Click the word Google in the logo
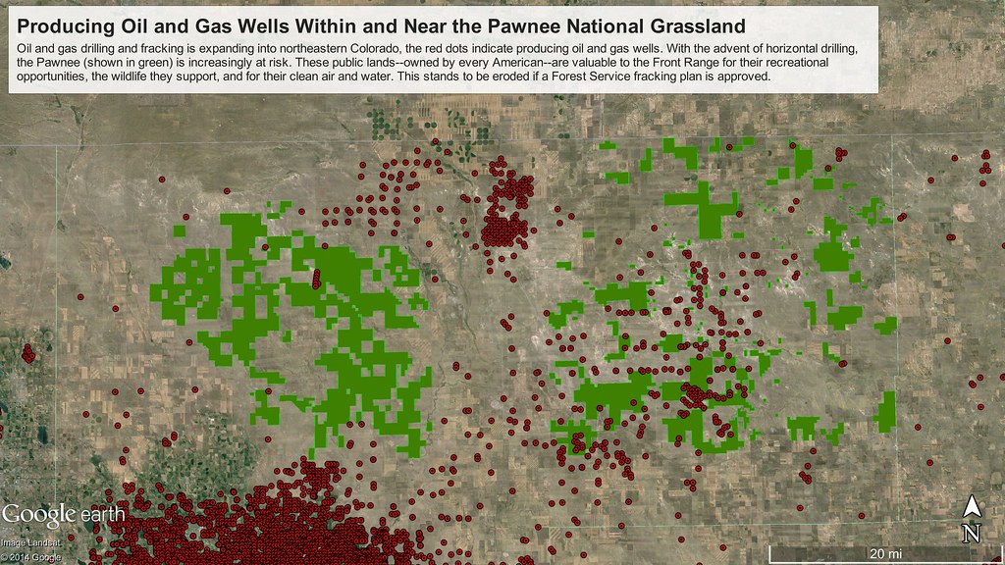pos(38,513)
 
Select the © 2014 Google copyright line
pos(30,557)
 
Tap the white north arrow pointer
pos(971,507)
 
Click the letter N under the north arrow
pos(971,533)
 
